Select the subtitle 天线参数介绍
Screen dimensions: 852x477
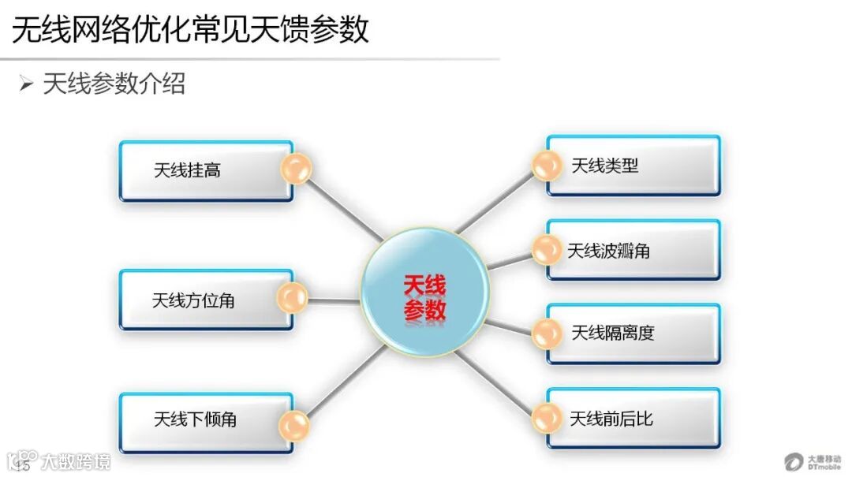pyautogui.click(x=114, y=84)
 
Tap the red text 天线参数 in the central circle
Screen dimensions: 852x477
pyautogui.click(x=425, y=297)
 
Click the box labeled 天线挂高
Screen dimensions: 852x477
pyautogui.click(x=197, y=170)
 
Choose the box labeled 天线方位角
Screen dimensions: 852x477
pyautogui.click(x=197, y=300)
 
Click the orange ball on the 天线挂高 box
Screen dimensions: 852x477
pyautogui.click(x=296, y=169)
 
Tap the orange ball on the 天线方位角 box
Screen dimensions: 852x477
pyautogui.click(x=292, y=298)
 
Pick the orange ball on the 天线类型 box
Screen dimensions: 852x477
pyautogui.click(x=546, y=166)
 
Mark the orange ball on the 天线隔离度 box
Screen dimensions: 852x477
pyautogui.click(x=546, y=334)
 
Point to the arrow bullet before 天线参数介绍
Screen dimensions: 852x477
pyautogui.click(x=27, y=84)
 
